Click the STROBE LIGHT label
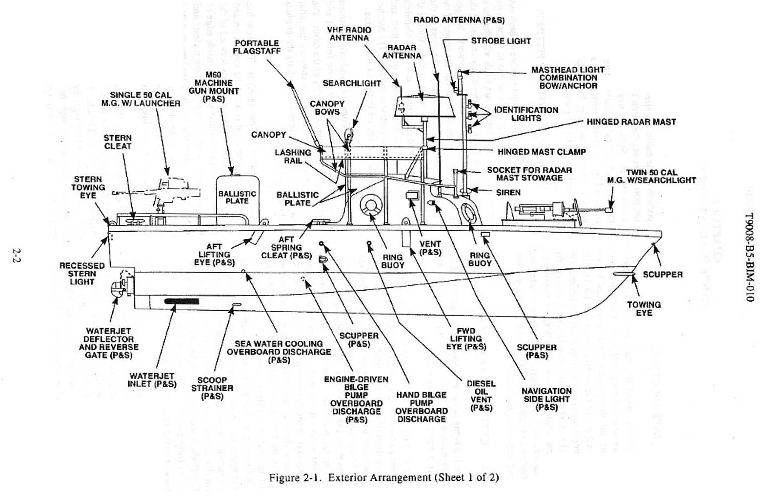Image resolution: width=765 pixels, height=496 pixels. (501, 41)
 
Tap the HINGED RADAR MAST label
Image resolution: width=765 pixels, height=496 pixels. (631, 122)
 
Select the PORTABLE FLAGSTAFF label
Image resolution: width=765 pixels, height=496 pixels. (257, 47)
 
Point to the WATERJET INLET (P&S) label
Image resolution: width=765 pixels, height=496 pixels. (152, 380)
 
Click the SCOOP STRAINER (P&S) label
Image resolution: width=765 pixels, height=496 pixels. (212, 388)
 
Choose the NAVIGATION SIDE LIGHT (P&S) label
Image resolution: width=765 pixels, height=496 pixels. (546, 399)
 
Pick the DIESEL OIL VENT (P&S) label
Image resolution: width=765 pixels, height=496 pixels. (481, 396)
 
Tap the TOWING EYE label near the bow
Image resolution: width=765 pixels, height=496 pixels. (644, 309)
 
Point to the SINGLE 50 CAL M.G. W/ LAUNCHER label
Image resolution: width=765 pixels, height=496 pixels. (141, 99)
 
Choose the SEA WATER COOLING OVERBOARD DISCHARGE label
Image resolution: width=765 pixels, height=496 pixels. (279, 352)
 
